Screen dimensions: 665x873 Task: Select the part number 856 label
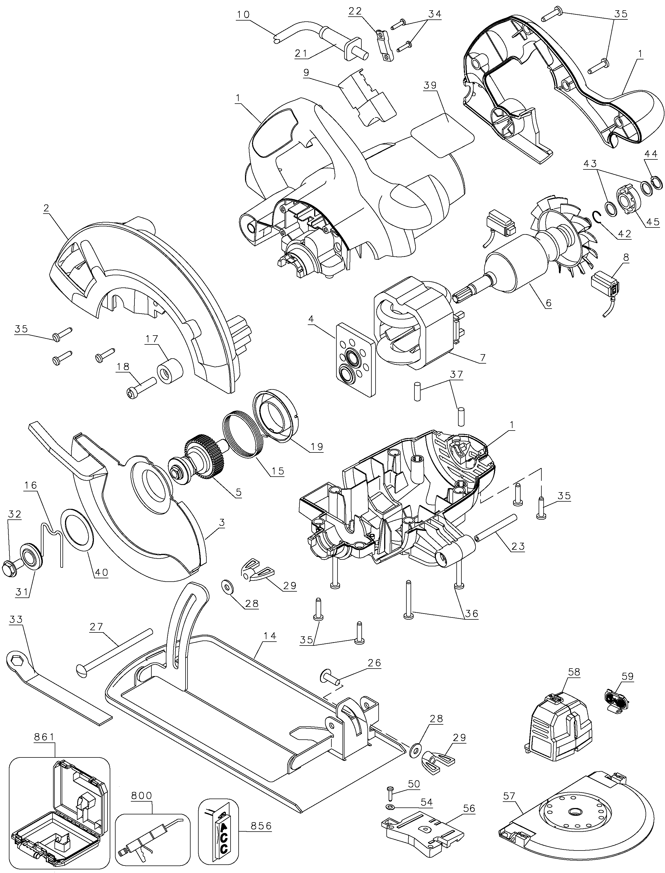[261, 826]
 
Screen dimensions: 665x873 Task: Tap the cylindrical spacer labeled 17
[170, 370]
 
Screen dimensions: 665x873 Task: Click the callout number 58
[574, 672]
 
